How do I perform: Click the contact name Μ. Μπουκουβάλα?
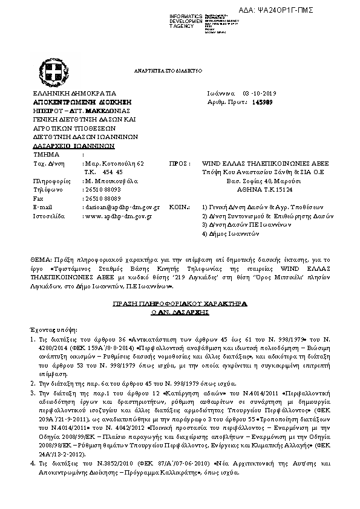(111, 181)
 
